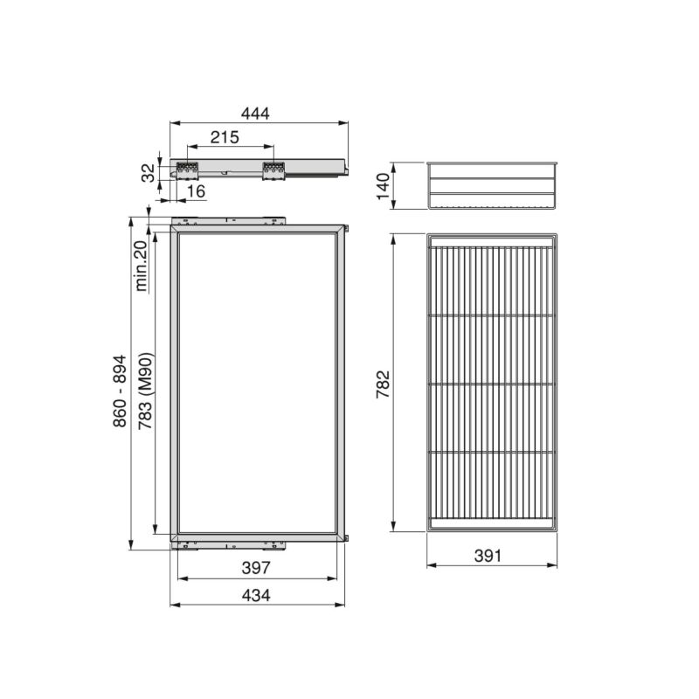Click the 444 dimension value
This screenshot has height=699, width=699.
point(258,113)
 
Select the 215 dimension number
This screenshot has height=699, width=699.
point(226,137)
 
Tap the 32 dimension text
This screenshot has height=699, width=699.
point(149,173)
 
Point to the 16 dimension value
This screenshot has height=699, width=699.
point(195,190)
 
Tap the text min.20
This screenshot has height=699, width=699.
point(140,262)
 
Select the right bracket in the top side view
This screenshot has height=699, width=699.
point(273,170)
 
